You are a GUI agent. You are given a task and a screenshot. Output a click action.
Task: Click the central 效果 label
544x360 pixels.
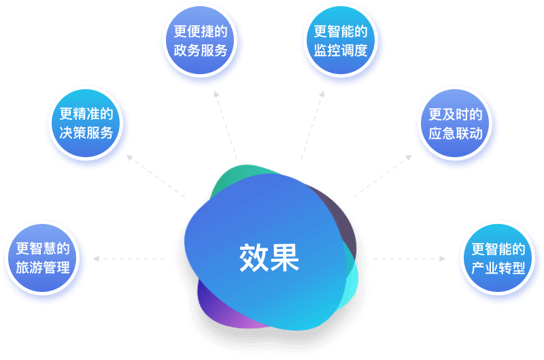pyautogui.click(x=269, y=257)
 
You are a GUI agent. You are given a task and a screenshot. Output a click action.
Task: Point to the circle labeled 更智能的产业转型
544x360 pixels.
pyautogui.click(x=498, y=258)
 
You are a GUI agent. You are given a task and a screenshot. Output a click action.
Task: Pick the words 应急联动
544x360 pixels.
pyautogui.click(x=455, y=133)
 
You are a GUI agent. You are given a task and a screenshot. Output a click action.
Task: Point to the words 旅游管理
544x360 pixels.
pyautogui.click(x=43, y=267)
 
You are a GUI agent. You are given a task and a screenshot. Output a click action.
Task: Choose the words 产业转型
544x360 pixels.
pyautogui.click(x=498, y=267)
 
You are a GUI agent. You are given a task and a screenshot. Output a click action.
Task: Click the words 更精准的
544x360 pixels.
pyautogui.click(x=86, y=114)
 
